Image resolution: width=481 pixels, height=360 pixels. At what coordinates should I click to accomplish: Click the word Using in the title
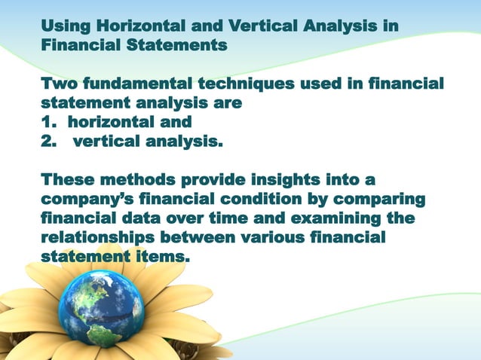tap(66, 28)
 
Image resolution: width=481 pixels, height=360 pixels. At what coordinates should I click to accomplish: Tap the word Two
tap(61, 83)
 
